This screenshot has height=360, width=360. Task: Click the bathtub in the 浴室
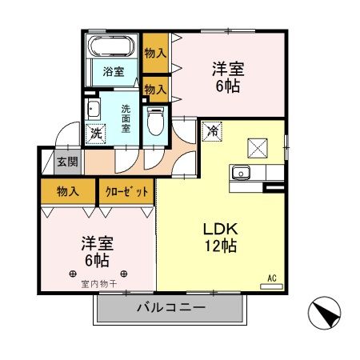point(113,45)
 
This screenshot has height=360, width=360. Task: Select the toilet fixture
point(156,121)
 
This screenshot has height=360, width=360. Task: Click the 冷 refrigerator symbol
point(212,130)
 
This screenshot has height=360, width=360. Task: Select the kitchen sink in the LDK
point(240,172)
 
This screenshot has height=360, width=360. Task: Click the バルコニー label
point(170,307)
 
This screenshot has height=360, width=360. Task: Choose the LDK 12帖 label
point(218,238)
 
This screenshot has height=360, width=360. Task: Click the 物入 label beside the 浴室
point(155,53)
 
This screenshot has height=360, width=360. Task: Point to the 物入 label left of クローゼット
point(68,191)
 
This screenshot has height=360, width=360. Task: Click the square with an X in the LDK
point(258,146)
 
